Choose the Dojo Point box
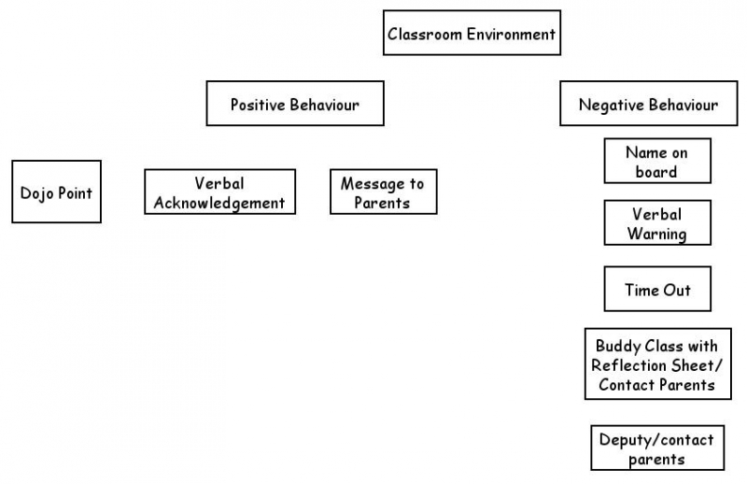(x=56, y=192)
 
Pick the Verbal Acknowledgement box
(x=219, y=192)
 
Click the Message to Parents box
(x=383, y=192)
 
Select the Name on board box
(x=656, y=161)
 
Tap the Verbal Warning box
(x=656, y=222)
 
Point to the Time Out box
(x=657, y=289)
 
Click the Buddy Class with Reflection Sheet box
(x=657, y=363)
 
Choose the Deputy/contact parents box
(x=657, y=448)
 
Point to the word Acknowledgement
(x=219, y=203)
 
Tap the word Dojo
(x=37, y=192)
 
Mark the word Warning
(x=656, y=234)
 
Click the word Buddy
(x=619, y=346)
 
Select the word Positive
(x=259, y=105)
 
